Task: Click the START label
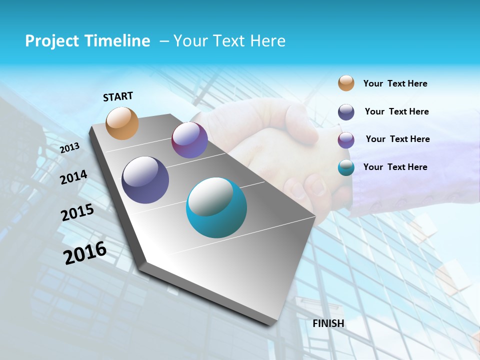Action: click(118, 96)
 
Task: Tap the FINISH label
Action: click(328, 323)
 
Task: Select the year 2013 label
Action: click(69, 148)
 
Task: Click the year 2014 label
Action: click(73, 177)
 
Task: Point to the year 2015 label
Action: click(77, 212)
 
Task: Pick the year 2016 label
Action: click(85, 253)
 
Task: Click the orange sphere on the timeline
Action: click(122, 123)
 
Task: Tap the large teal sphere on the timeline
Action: click(216, 207)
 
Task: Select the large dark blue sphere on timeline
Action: click(145, 180)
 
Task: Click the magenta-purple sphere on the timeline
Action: click(189, 140)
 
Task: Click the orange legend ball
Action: click(346, 83)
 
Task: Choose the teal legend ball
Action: click(346, 167)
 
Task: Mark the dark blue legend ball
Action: click(346, 111)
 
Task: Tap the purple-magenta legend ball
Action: click(346, 140)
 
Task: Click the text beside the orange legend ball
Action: click(395, 83)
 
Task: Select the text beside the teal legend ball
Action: click(395, 167)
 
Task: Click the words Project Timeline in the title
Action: click(87, 41)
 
